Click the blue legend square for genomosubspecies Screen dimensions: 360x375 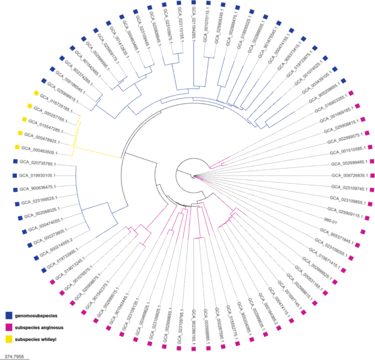(8, 315)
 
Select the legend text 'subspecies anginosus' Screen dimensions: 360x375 (41, 327)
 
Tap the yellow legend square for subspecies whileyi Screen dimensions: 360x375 (8, 339)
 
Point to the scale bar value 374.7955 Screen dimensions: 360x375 (14, 356)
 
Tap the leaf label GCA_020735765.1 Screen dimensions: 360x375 (38, 162)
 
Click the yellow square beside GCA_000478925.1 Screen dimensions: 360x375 (20, 133)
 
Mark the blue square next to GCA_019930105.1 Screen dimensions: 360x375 (15, 175)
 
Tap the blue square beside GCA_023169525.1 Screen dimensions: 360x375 (17, 204)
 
